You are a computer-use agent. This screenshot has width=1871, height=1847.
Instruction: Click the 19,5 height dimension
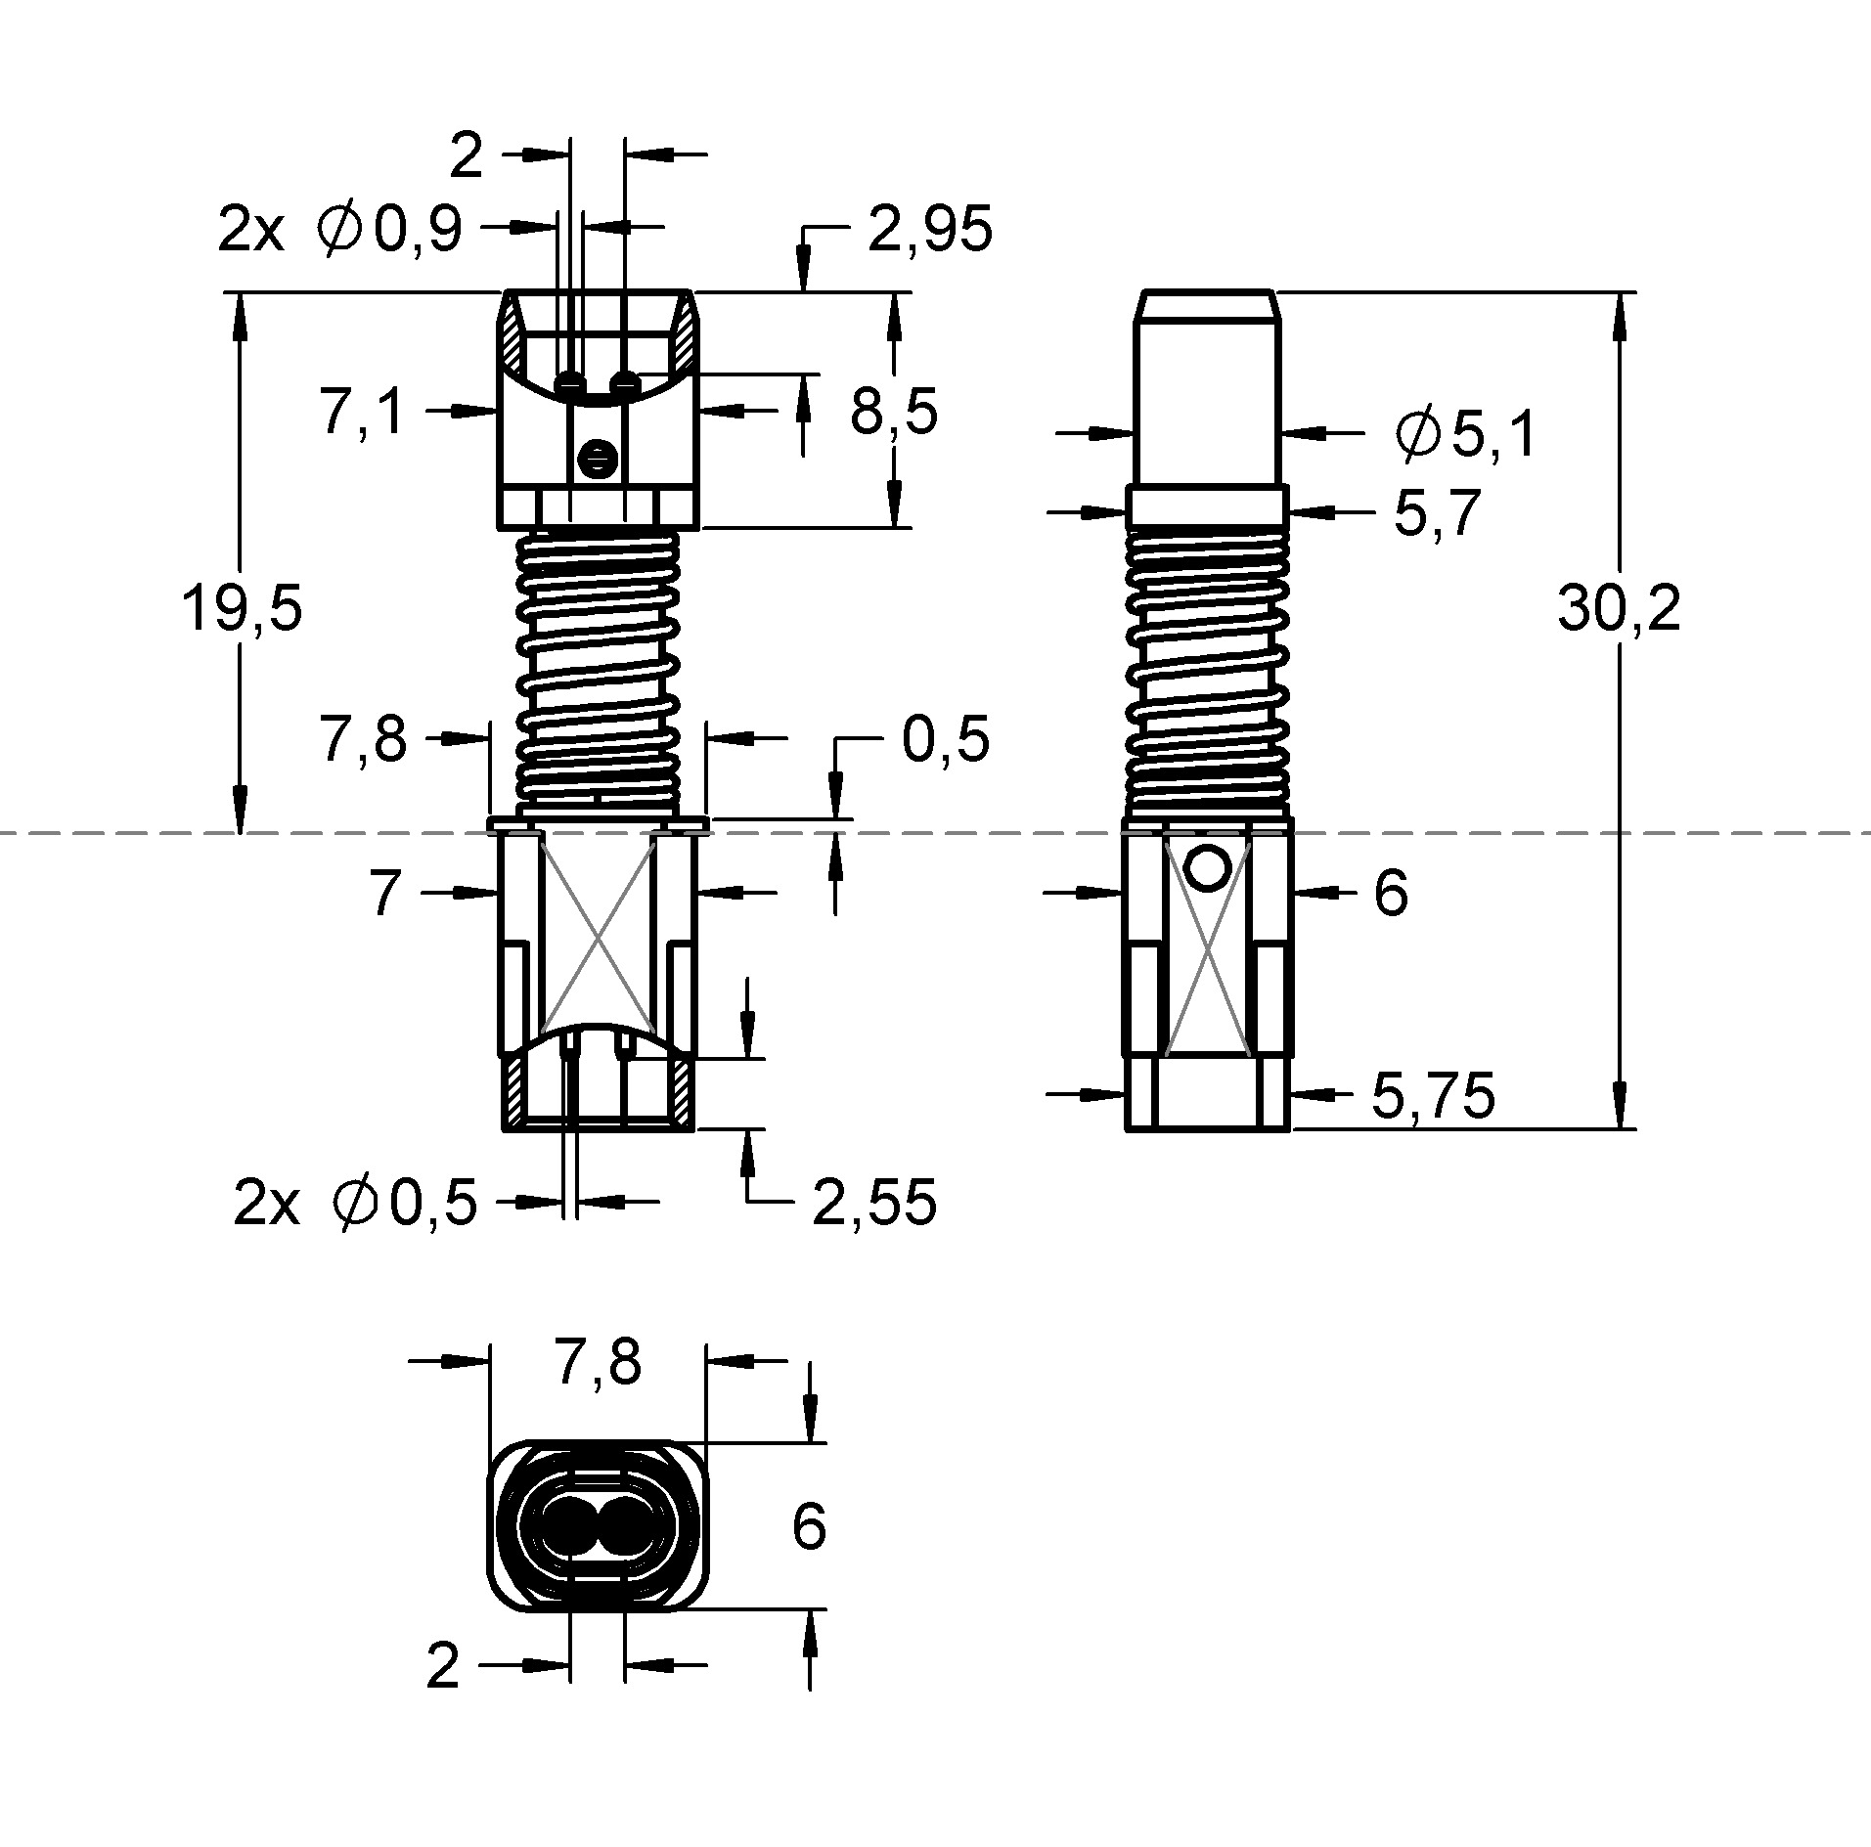click(x=243, y=608)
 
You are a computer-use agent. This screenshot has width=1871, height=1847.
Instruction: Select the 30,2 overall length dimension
click(x=1619, y=608)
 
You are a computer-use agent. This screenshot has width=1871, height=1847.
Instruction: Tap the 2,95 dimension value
click(x=930, y=230)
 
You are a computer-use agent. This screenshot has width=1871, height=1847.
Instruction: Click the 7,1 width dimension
click(x=361, y=411)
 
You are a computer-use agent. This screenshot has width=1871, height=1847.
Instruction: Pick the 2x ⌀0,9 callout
click(x=339, y=231)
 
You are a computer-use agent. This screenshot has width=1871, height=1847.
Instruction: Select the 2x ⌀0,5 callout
click(x=355, y=1202)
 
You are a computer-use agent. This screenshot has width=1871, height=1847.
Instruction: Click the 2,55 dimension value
click(x=874, y=1202)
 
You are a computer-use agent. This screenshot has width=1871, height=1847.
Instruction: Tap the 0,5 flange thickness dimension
click(x=945, y=739)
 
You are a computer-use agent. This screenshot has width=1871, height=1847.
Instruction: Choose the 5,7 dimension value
click(x=1437, y=512)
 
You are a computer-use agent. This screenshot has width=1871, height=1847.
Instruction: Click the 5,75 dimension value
click(x=1433, y=1094)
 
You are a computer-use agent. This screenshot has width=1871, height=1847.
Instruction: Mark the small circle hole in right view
click(x=1208, y=865)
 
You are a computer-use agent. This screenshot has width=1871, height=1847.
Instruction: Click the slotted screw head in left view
click(x=596, y=458)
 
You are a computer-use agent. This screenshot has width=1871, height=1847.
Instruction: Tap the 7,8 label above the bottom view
click(x=598, y=1361)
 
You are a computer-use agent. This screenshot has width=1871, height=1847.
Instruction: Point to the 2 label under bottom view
click(x=443, y=1665)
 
